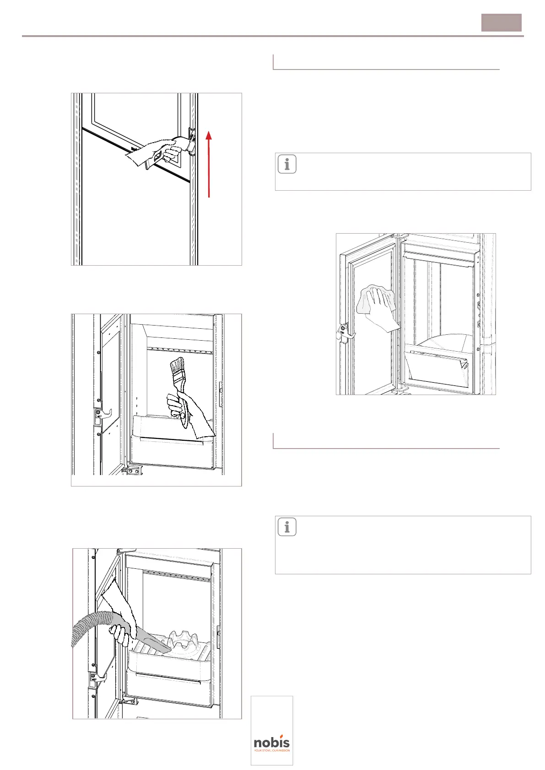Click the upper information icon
pyautogui.click(x=287, y=164)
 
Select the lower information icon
pyautogui.click(x=287, y=527)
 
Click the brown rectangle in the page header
pyautogui.click(x=501, y=23)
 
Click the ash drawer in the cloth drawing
pyautogui.click(x=437, y=369)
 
